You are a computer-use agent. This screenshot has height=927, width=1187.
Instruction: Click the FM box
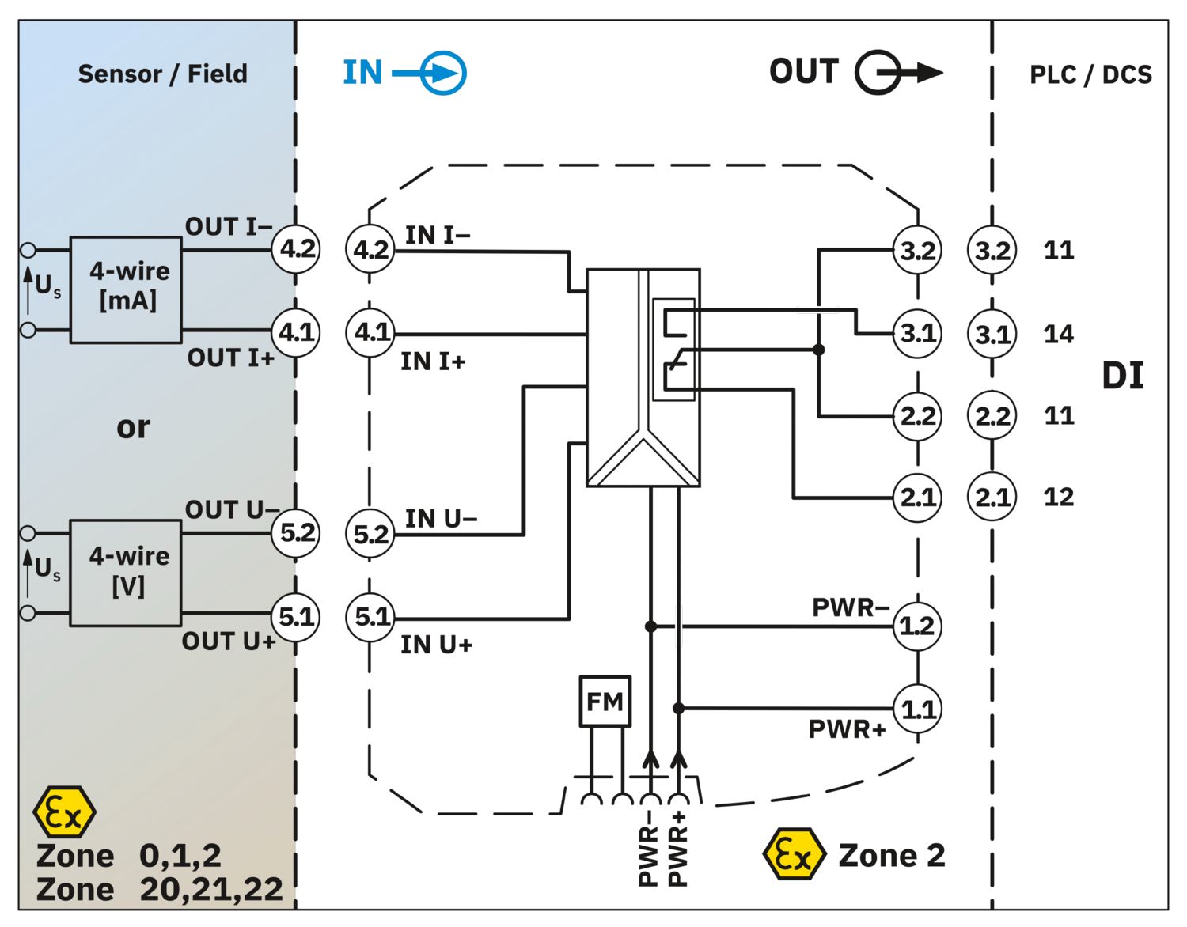[x=605, y=702]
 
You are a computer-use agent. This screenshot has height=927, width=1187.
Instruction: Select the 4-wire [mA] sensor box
[x=126, y=290]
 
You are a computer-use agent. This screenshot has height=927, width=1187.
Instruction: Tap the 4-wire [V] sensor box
[x=126, y=573]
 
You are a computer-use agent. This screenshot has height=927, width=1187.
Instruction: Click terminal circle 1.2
[x=917, y=626]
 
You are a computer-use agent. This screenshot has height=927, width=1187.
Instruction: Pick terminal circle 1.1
[x=917, y=709]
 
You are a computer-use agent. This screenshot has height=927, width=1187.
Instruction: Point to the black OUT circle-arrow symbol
[x=899, y=73]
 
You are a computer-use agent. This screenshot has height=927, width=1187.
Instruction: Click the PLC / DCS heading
[x=1090, y=75]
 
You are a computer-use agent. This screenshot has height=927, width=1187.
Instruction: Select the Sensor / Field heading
[x=163, y=74]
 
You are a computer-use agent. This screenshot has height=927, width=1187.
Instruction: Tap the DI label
[x=1123, y=376]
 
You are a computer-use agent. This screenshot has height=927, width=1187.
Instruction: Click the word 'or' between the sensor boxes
[x=133, y=427]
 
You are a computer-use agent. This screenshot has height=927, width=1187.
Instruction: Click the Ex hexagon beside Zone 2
[x=793, y=854]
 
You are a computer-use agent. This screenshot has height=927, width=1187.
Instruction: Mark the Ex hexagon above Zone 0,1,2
[x=64, y=812]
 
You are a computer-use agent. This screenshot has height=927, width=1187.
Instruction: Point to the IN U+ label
[x=437, y=645]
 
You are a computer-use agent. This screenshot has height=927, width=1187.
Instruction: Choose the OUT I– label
[x=229, y=226]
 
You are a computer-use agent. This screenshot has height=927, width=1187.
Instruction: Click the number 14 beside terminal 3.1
[x=1059, y=334]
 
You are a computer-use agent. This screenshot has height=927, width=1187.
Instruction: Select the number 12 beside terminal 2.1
[x=1059, y=498]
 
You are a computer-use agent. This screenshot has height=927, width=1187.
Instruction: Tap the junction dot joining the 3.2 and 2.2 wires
[x=818, y=350]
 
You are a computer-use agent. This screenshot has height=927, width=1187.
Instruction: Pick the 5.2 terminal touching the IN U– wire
[x=370, y=535]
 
